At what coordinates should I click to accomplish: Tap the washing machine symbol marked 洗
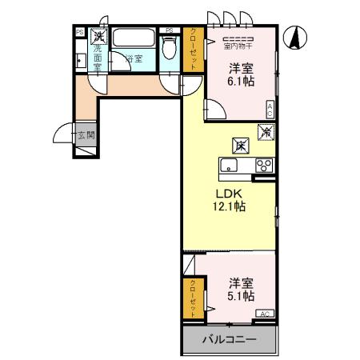pyautogui.click(x=98, y=36)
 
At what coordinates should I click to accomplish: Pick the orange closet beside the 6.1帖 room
pyautogui.click(x=194, y=50)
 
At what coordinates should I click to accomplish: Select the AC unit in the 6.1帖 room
pyautogui.click(x=270, y=110)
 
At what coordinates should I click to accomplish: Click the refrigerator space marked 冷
pyautogui.click(x=265, y=132)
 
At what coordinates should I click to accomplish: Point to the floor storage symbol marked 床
pyautogui.click(x=239, y=146)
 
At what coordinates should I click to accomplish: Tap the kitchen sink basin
pyautogui.click(x=229, y=166)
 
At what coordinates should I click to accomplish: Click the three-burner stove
pyautogui.click(x=263, y=166)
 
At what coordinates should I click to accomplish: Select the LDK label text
pyautogui.click(x=229, y=193)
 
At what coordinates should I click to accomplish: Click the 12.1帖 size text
pyautogui.click(x=229, y=207)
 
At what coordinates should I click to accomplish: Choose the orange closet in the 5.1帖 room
pyautogui.click(x=192, y=297)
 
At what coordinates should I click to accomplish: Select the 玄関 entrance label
pyautogui.click(x=86, y=135)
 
